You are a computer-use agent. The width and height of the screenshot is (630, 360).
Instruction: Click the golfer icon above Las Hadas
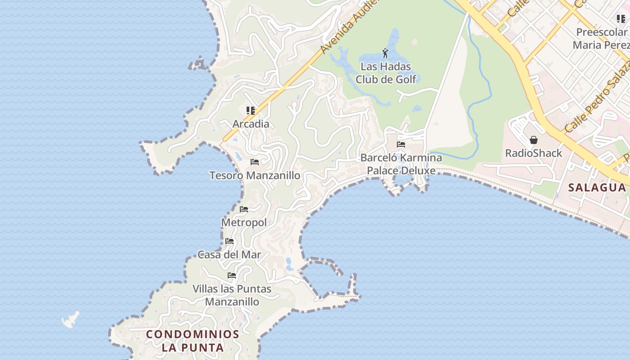pos(385,54)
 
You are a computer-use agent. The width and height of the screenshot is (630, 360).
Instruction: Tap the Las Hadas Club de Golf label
pos(386,73)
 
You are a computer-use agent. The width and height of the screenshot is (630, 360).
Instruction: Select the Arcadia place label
pos(251,124)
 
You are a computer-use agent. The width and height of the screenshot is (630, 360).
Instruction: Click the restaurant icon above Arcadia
pos(251,110)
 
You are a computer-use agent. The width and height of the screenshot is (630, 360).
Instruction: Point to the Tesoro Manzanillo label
pos(255,175)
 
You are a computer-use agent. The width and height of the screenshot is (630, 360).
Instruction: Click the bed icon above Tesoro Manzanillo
pos(255,162)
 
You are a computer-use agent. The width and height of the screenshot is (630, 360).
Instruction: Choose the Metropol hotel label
pos(244,222)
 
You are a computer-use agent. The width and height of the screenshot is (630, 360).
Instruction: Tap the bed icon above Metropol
pos(244,209)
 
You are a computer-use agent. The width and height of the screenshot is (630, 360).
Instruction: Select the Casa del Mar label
pos(229,255)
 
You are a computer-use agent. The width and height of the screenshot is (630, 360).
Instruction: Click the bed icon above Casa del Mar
pos(229,242)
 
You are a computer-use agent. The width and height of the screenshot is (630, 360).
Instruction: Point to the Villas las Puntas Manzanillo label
pos(232,295)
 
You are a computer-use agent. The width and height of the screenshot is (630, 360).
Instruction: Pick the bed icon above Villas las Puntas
pos(232,275)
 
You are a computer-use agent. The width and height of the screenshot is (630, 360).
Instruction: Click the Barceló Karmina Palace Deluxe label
pos(401,164)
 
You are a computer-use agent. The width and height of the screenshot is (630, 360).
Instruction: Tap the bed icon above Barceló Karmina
pos(401,144)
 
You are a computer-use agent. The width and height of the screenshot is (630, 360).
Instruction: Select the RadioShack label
pos(534,153)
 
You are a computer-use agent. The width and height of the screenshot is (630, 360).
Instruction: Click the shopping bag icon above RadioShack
pos(534,140)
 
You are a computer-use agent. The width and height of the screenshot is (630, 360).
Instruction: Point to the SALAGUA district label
pos(597,188)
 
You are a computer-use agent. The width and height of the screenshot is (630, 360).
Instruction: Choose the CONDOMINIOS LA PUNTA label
pos(193,341)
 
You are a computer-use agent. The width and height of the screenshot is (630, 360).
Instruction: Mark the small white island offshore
pos(71,319)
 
